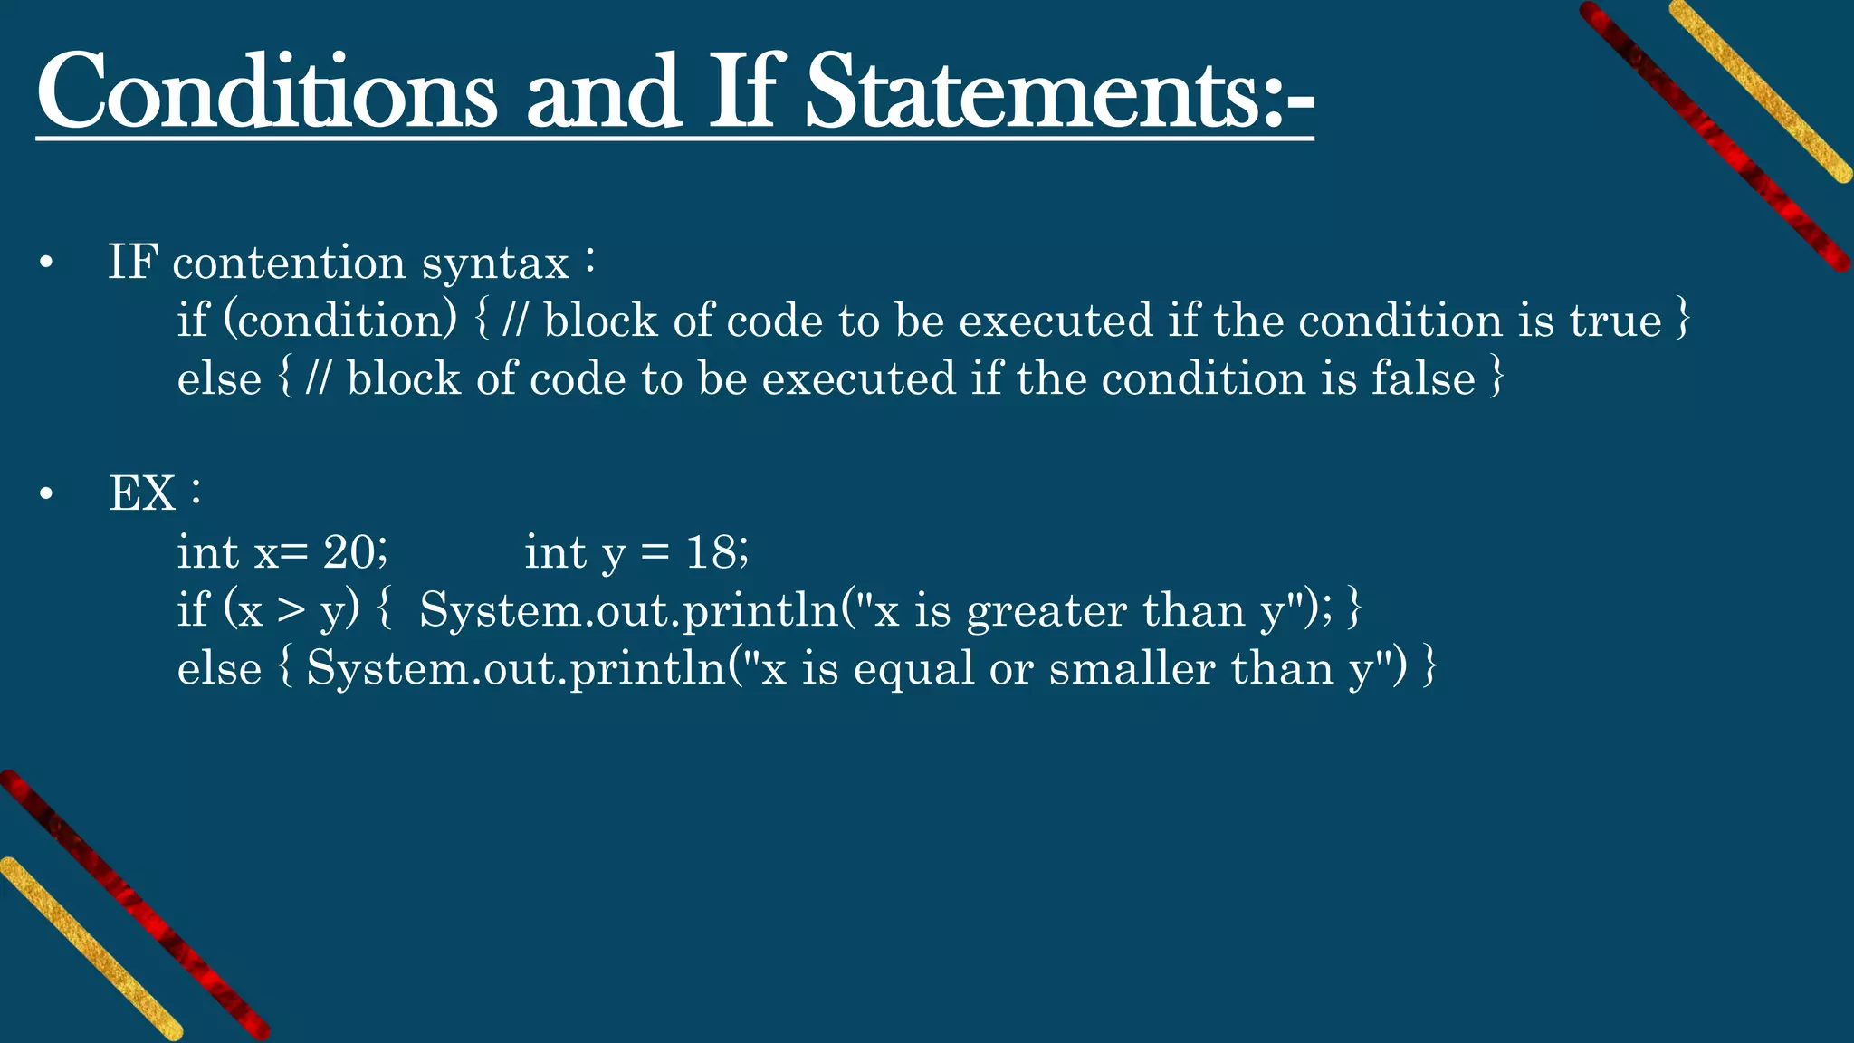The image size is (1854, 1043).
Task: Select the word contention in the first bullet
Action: [x=289, y=263]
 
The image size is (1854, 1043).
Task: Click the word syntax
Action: [x=494, y=265]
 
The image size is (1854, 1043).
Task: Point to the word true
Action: [x=1615, y=321]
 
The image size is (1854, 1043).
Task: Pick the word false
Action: [x=1423, y=378]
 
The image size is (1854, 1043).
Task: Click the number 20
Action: [x=349, y=552]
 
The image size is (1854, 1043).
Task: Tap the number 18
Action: [x=712, y=552]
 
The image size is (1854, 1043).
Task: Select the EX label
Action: [x=142, y=494]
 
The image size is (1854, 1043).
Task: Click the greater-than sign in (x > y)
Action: [x=291, y=610]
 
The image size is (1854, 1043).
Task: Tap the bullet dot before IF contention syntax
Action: [x=46, y=264]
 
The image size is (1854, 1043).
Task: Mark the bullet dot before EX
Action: [x=46, y=495]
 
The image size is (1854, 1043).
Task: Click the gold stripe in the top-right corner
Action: [x=1761, y=91]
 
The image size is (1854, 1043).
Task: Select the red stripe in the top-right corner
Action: [x=1715, y=136]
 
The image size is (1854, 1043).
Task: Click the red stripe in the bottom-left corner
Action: [x=136, y=905]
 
